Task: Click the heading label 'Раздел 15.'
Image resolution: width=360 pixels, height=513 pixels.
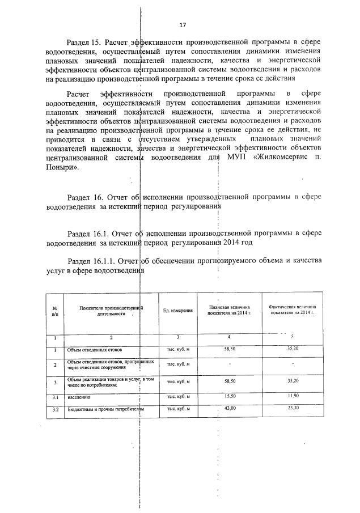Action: point(85,43)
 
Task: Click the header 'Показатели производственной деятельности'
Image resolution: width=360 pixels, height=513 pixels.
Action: point(111,309)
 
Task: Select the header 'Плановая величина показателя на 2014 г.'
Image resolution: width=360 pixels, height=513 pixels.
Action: point(230,309)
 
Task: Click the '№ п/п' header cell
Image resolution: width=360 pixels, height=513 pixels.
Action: point(54,309)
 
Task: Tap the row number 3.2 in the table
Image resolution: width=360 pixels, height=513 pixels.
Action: point(55,409)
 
